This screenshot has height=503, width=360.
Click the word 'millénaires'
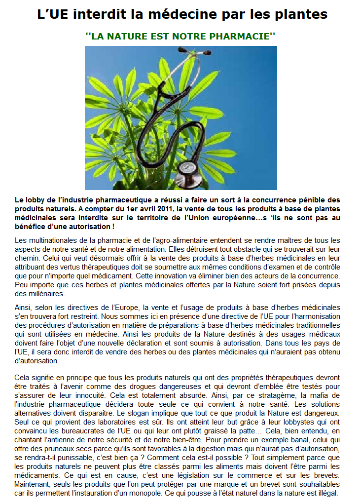click(40, 293)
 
